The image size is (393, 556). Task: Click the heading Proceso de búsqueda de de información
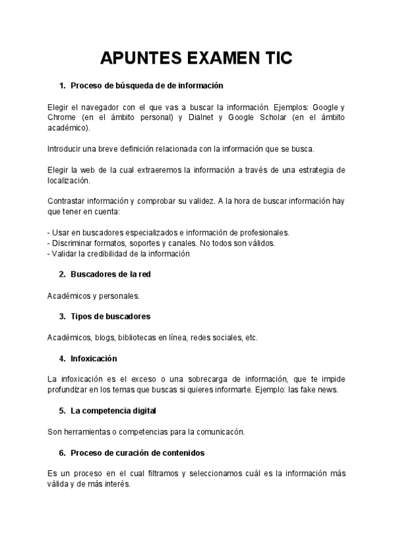[x=147, y=85]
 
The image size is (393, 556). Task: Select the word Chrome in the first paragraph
[x=62, y=117]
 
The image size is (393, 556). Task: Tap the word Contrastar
[x=68, y=201]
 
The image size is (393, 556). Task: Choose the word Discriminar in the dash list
[x=74, y=243]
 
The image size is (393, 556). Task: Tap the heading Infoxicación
[x=94, y=358]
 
